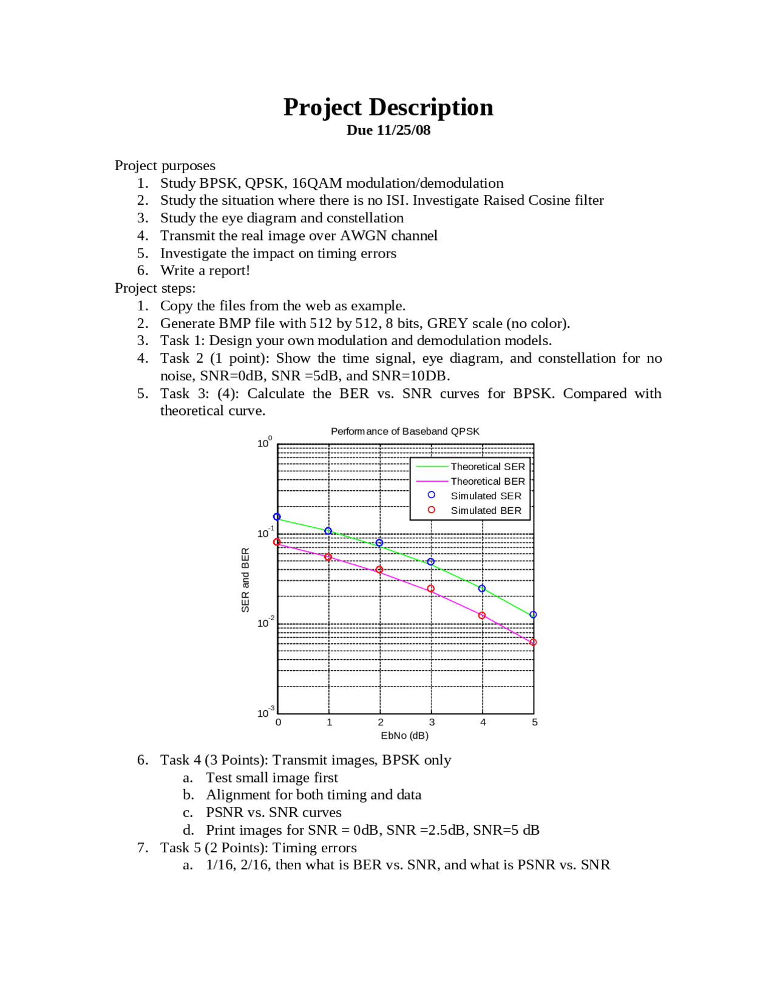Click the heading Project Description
pyautogui.click(x=388, y=108)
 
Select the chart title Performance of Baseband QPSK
pyautogui.click(x=405, y=431)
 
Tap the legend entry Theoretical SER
pyautogui.click(x=487, y=467)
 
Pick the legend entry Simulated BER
pyautogui.click(x=486, y=510)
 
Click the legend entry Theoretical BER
pyautogui.click(x=487, y=481)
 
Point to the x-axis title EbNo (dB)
pyautogui.click(x=404, y=736)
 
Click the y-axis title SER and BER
pyautogui.click(x=245, y=580)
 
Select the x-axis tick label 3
pyautogui.click(x=432, y=722)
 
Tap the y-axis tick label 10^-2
pyautogui.click(x=265, y=623)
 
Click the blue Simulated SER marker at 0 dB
pyautogui.click(x=277, y=517)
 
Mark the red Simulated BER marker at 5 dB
pyautogui.click(x=533, y=642)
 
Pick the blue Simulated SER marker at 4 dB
pyautogui.click(x=482, y=589)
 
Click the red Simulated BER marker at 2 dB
pyautogui.click(x=379, y=570)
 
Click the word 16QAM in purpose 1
pyautogui.click(x=316, y=183)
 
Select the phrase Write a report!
pyautogui.click(x=205, y=271)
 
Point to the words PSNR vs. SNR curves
pyautogui.click(x=273, y=813)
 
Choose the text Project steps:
pyautogui.click(x=155, y=288)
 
